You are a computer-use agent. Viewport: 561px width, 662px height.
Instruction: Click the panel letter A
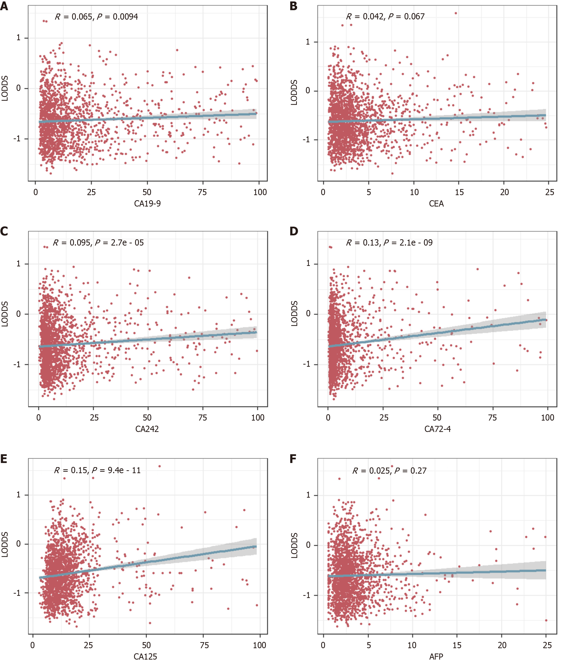[4, 6]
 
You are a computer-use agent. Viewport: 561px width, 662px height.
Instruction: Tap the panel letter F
[293, 459]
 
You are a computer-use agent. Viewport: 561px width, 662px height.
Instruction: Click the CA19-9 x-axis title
[147, 204]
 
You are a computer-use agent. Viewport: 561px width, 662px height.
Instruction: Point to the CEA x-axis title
[436, 204]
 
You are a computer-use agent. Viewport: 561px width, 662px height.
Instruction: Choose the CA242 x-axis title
[147, 429]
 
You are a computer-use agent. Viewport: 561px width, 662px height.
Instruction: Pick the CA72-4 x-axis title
[437, 429]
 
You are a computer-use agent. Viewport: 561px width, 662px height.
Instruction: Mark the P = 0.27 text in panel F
[410, 471]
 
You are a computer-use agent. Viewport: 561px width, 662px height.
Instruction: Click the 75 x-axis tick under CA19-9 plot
[202, 192]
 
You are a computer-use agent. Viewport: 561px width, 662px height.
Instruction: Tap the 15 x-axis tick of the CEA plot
[459, 192]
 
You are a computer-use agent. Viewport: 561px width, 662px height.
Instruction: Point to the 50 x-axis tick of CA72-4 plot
[437, 418]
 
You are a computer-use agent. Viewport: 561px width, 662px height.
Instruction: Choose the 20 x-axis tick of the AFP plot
[502, 645]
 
